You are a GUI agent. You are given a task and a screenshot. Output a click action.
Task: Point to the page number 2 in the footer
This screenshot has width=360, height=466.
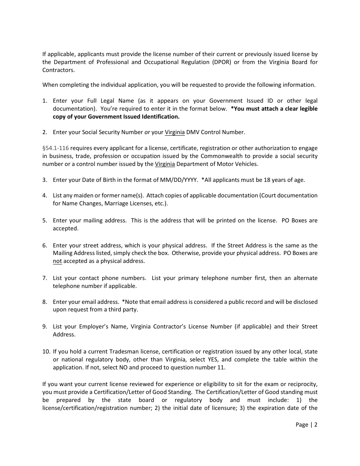[x=316, y=425]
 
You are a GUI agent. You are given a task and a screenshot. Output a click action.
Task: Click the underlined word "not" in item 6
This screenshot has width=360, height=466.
[x=57, y=261]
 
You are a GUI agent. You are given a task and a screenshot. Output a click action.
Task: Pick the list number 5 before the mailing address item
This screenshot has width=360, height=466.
[x=44, y=220]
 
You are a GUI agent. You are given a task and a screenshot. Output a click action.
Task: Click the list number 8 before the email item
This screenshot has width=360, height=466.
[x=44, y=302]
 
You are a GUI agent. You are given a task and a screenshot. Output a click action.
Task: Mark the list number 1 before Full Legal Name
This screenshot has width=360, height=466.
[x=44, y=101]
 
